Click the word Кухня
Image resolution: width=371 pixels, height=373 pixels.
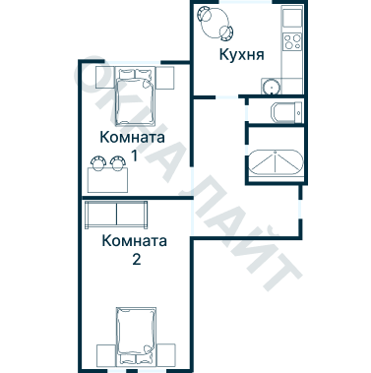tap(240, 55)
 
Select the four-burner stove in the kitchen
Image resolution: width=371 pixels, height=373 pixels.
tap(291, 42)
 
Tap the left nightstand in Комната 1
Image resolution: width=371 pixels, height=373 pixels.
tap(100, 77)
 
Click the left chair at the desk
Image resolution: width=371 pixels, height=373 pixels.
tap(97, 162)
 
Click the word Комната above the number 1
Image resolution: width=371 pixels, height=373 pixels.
tap(133, 136)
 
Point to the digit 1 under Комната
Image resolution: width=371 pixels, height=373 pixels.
tap(133, 155)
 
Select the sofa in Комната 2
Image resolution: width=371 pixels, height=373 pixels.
tap(116, 214)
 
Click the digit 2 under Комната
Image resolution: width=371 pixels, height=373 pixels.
tap(136, 261)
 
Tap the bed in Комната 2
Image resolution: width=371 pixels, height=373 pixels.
tap(135, 335)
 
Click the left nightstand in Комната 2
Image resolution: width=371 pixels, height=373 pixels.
tap(105, 352)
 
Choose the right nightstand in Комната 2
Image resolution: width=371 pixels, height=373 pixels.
tap(166, 352)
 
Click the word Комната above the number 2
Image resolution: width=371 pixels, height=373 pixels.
tap(135, 241)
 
